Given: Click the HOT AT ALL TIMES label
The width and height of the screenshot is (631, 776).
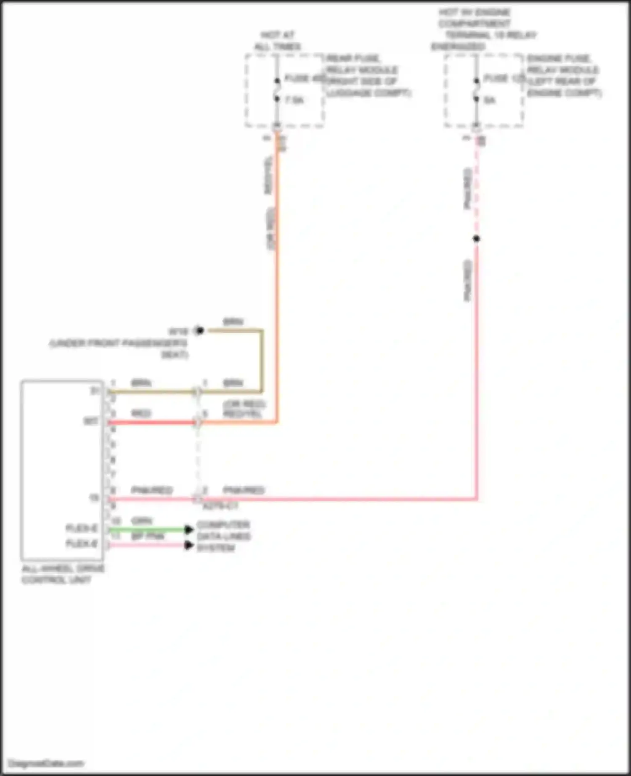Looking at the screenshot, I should tap(278, 41).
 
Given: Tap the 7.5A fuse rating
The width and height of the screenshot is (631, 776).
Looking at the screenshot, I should tap(294, 100).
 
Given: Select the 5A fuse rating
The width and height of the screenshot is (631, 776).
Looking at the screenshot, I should tap(490, 100).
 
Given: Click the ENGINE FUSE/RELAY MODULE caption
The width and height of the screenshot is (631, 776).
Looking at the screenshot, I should tap(564, 76).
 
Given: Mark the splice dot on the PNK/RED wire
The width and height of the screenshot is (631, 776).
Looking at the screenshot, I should tap(476, 239).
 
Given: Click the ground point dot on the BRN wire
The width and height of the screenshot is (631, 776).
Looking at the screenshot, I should tap(200, 331).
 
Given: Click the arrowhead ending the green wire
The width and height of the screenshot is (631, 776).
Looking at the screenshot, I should tap(189, 530).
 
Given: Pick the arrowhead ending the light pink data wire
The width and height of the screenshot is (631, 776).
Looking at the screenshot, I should tap(189, 546).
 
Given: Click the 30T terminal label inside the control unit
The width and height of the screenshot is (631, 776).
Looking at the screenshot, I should tap(91, 421).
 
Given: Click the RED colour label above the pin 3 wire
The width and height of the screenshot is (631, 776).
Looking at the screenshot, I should tap(141, 414).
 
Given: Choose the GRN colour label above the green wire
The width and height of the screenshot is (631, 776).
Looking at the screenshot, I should tap(142, 521).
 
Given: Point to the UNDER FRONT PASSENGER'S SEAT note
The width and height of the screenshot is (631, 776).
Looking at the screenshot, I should tap(119, 349).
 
